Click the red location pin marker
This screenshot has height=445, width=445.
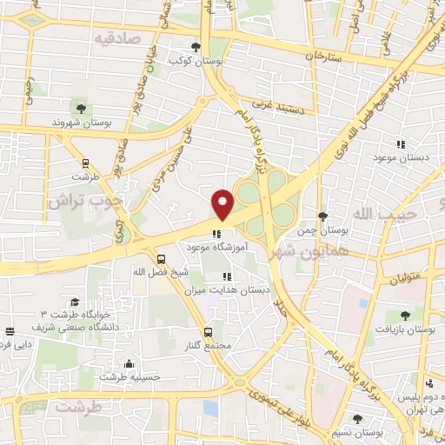(x=222, y=204)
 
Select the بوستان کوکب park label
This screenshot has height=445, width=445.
(x=196, y=62)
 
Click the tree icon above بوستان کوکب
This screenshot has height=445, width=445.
(x=196, y=47)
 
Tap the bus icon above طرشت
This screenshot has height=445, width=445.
(x=85, y=162)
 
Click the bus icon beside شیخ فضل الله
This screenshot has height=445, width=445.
(x=161, y=259)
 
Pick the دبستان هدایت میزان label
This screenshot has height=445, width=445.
(x=228, y=290)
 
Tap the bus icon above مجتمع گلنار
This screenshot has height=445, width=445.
(x=207, y=331)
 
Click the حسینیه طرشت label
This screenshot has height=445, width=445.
(x=130, y=377)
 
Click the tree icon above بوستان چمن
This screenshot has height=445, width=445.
(x=322, y=216)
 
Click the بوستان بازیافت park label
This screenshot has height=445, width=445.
(x=404, y=329)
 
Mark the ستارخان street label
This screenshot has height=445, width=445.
(x=326, y=56)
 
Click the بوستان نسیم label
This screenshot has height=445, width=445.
(x=358, y=432)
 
